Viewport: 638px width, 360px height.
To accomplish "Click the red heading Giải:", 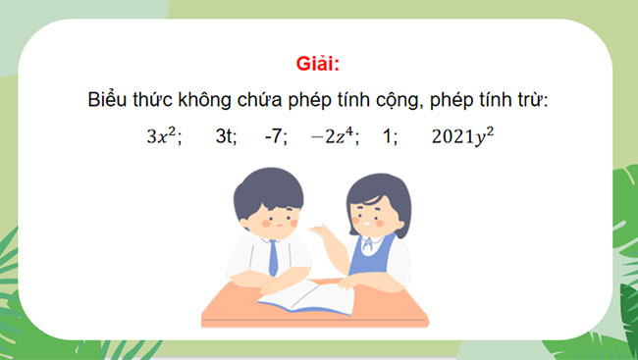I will pos(318,66).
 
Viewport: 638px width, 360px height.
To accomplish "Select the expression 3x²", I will pos(163,136).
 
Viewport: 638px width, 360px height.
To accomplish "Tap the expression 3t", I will pos(226,137).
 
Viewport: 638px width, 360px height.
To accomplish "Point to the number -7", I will pos(275,137).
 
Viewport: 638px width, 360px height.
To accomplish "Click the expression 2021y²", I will pos(461,136).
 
